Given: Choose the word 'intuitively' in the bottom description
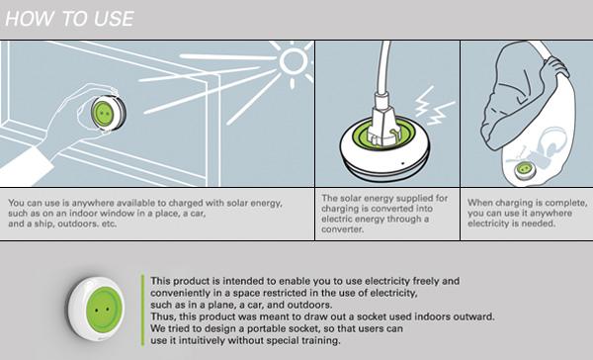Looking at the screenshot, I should pos(199,340).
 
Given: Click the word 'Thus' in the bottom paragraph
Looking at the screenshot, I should pos(163,317).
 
